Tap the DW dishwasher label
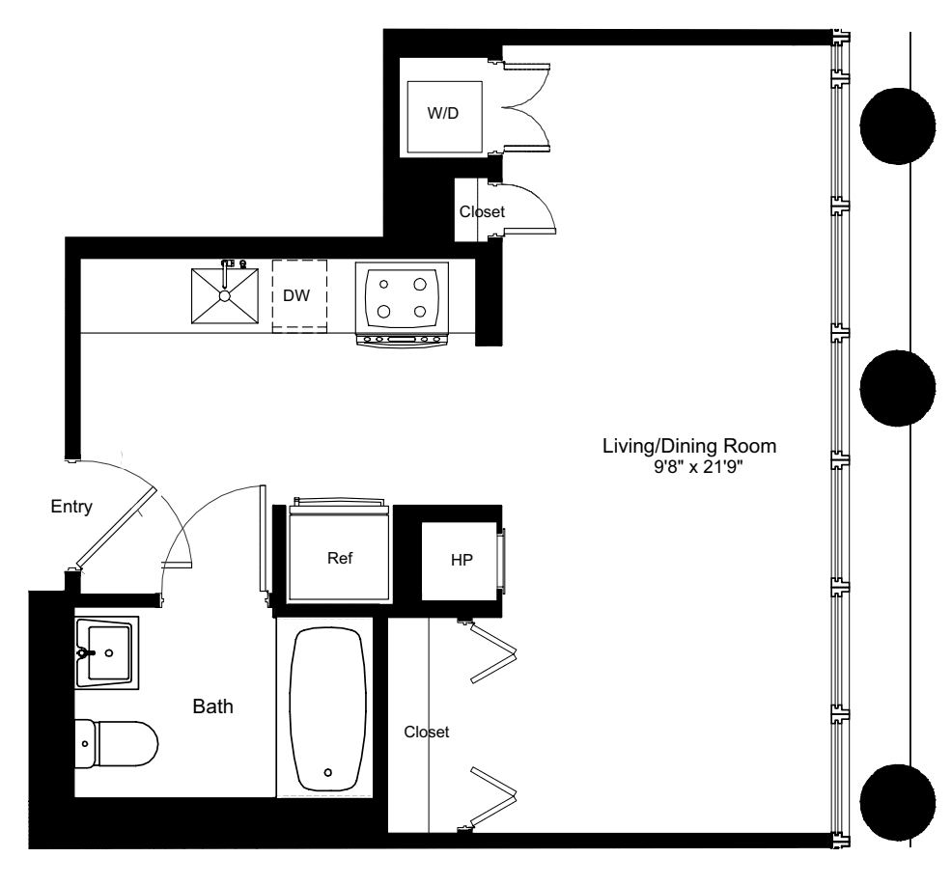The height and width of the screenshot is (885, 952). click(297, 295)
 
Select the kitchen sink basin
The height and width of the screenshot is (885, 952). click(226, 295)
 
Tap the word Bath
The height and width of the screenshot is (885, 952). click(213, 706)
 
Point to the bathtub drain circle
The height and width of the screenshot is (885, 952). click(329, 772)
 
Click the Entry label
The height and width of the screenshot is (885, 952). click(71, 508)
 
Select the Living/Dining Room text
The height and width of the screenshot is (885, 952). click(689, 447)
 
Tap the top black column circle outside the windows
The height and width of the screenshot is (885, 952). click(898, 126)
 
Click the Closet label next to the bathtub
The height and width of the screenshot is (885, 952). click(427, 733)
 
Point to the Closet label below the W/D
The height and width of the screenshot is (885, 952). click(481, 211)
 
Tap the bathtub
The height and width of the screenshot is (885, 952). click(329, 708)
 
